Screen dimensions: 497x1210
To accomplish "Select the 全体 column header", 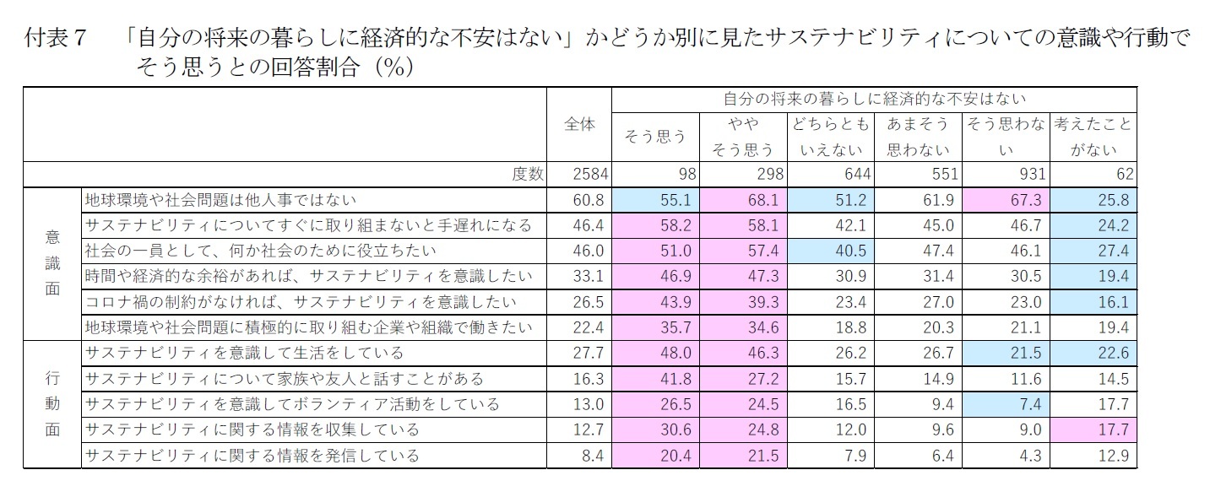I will click(x=579, y=123).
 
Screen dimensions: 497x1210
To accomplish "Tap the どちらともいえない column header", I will click(x=829, y=137).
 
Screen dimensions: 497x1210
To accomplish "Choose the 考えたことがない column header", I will click(x=1093, y=137).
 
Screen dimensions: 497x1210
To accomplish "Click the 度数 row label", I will click(x=528, y=175).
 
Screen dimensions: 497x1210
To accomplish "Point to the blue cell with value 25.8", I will click(x=1094, y=200).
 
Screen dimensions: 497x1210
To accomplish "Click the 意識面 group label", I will click(x=52, y=263).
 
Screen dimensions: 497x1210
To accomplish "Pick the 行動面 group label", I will click(x=52, y=403).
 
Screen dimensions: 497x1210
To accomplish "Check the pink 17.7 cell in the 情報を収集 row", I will click(x=1094, y=429).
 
